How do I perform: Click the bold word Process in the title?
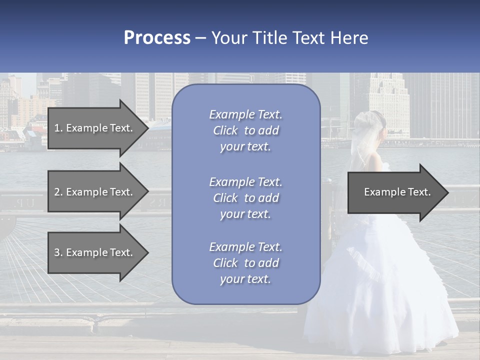157,38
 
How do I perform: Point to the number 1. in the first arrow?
58,128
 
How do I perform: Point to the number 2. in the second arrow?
58,192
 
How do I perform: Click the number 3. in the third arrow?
58,252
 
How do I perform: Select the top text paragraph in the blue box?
245,130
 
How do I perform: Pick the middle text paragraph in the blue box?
245,198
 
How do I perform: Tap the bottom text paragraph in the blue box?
245,263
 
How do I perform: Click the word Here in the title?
348,38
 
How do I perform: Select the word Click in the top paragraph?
225,131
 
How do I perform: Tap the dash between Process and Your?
201,38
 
